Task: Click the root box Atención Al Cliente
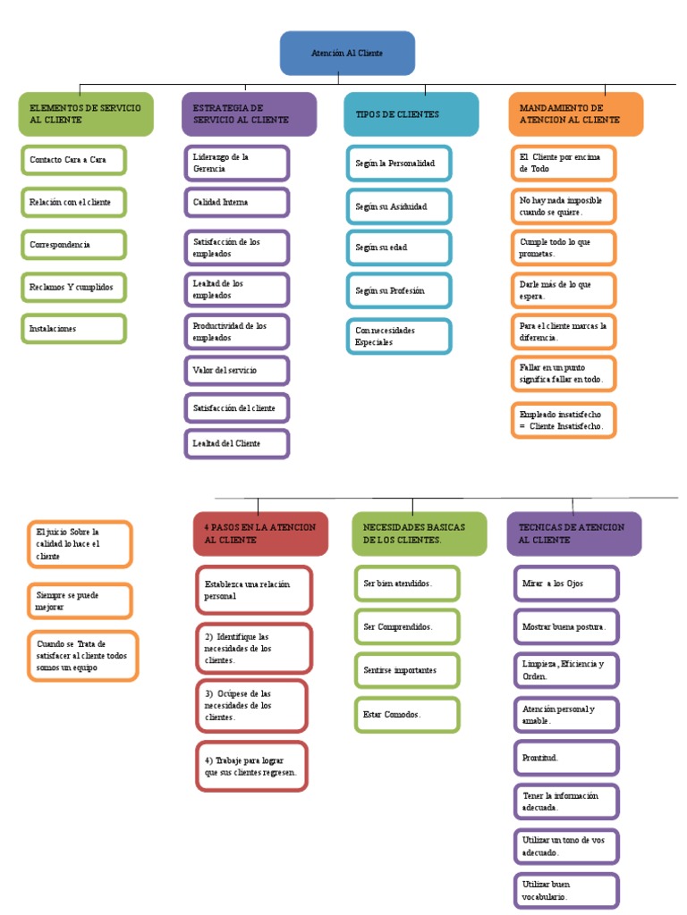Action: [x=347, y=54]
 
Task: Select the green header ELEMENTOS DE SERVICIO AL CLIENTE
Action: [x=85, y=113]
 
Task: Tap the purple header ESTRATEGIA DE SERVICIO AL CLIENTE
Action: [x=249, y=113]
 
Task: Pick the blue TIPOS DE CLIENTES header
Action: [x=411, y=114]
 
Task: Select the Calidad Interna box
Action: [x=236, y=203]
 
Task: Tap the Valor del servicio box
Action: [x=236, y=369]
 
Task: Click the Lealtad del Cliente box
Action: [x=236, y=443]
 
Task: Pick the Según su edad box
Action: [x=399, y=248]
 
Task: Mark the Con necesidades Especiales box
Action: [x=399, y=336]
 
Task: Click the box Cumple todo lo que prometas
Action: [x=564, y=248]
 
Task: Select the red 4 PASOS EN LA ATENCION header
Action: [x=260, y=533]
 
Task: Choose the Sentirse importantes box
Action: [x=406, y=670]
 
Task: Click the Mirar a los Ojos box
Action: [x=566, y=583]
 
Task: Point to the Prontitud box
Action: [x=566, y=758]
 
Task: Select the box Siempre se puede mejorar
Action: [x=79, y=600]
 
